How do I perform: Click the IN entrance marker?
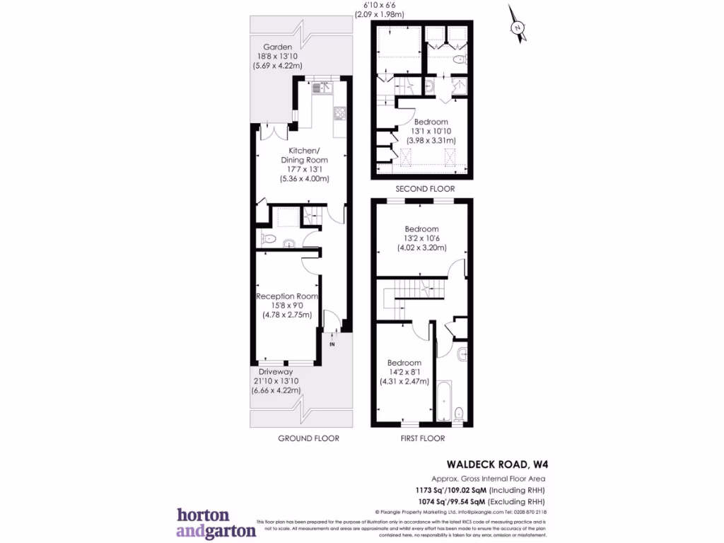coord(332,345)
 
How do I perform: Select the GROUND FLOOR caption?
coord(308,438)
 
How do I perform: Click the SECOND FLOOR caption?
coord(424,189)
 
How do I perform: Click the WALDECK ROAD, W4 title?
coord(497,465)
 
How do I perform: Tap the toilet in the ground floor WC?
coord(267,239)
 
